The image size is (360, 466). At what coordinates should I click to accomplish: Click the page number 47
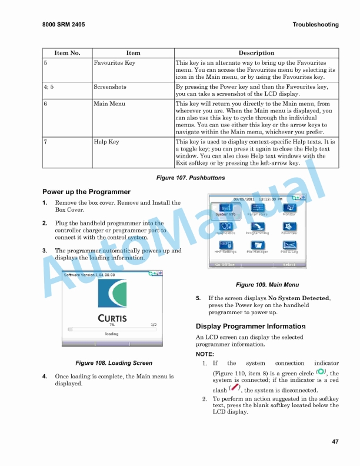335,441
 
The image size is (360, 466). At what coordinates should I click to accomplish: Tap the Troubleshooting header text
315,25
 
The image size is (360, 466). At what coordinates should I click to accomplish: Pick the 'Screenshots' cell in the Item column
110,86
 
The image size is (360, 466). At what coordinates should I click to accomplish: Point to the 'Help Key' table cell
106,142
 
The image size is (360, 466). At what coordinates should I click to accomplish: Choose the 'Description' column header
256,53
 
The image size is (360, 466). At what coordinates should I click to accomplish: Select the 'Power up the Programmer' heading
86,192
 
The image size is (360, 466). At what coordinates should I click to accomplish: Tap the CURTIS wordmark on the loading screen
112,318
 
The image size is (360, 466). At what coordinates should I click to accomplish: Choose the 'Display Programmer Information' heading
251,326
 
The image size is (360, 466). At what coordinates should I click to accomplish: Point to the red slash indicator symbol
234,388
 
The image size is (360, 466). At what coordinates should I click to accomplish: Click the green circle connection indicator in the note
321,372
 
